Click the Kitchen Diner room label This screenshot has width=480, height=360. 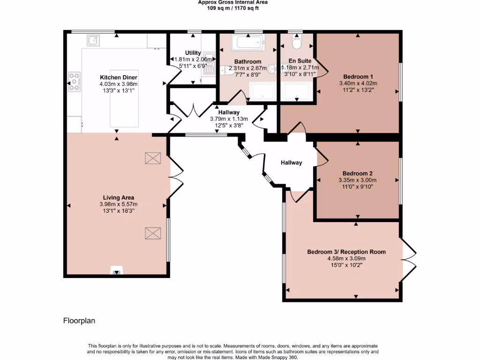118,77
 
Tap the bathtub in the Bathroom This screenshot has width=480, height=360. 248,44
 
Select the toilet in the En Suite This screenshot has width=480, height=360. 297,43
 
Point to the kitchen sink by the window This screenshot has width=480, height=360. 93,40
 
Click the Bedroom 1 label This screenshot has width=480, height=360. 358,77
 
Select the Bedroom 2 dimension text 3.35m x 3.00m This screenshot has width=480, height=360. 357,180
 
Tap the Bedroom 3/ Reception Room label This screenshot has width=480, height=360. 346,252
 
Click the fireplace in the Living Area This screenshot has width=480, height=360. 116,270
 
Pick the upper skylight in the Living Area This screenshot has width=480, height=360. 152,158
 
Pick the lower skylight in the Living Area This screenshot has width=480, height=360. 152,233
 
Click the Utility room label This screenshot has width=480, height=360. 193,53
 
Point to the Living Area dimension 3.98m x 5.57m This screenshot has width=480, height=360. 118,204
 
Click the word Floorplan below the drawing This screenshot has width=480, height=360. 79,321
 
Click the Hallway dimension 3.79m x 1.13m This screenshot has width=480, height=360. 229,119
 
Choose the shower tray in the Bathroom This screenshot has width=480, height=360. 262,91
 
